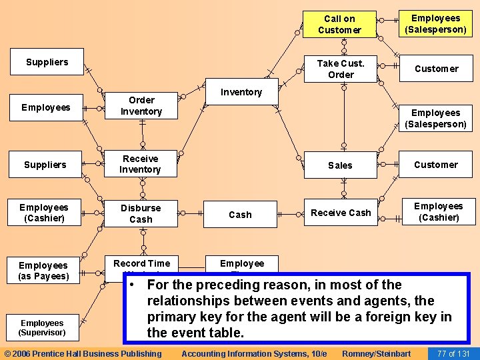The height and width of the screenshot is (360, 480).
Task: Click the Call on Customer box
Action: (x=339, y=25)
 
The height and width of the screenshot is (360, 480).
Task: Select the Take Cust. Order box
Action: (x=341, y=69)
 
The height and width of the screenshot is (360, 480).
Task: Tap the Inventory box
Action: (x=241, y=92)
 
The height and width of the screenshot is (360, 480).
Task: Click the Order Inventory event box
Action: (x=141, y=106)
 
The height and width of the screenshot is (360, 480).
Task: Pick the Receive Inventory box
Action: (x=140, y=164)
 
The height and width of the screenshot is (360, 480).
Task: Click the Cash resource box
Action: (x=240, y=215)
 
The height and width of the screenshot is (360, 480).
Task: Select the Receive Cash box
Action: (x=341, y=213)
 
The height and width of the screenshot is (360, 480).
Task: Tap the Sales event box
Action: (x=340, y=165)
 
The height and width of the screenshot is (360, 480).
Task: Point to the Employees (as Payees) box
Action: (x=43, y=271)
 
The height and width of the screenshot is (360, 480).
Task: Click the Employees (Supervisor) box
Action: (x=42, y=327)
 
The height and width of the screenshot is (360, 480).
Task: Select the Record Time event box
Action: (x=141, y=265)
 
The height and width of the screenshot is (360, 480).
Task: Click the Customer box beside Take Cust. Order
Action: (x=436, y=69)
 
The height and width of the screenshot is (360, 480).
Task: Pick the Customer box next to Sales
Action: (x=436, y=165)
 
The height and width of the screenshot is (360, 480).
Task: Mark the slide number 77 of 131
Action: (x=453, y=353)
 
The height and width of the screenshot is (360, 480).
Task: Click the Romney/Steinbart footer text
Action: (x=376, y=353)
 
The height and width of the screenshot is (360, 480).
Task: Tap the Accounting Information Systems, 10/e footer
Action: (x=254, y=353)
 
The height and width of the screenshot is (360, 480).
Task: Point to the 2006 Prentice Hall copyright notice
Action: (x=83, y=353)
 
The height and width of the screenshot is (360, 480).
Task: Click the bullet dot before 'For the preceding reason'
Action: (x=134, y=285)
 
